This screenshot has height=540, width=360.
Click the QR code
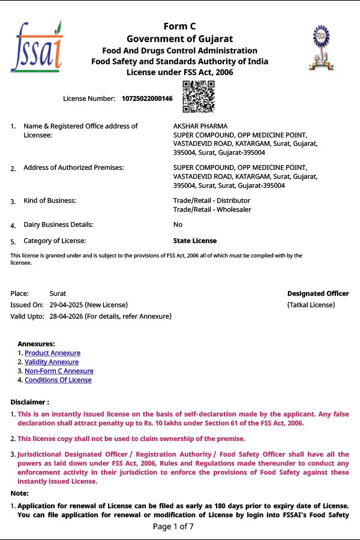(x=198, y=97)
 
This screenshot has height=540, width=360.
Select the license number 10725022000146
(x=147, y=98)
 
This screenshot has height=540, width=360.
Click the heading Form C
(x=179, y=26)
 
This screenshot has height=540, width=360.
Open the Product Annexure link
(x=52, y=353)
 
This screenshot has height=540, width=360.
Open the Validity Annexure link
(x=51, y=362)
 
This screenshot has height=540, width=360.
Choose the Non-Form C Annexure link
(x=59, y=371)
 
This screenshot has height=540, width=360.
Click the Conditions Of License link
(x=58, y=380)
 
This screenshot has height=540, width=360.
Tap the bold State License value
(x=194, y=241)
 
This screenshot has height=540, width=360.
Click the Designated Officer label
(x=317, y=293)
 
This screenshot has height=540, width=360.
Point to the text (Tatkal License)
(x=311, y=305)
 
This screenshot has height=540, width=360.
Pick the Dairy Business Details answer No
(x=178, y=224)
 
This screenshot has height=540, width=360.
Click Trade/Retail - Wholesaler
(x=212, y=209)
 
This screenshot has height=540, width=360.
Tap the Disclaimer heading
(x=30, y=401)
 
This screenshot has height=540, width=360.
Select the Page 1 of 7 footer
(x=173, y=527)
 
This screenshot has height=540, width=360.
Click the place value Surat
(x=58, y=293)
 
